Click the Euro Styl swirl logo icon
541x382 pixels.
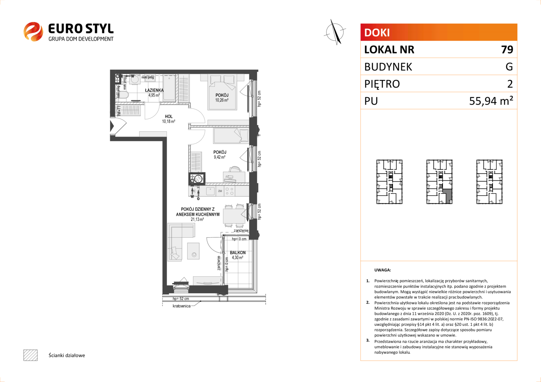tap(33, 31)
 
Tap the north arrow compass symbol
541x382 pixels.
tap(335, 32)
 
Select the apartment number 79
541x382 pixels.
tap(507, 50)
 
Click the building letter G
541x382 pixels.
tap(509, 66)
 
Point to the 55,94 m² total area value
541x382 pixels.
tap(491, 100)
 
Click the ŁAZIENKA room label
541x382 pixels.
tap(154, 90)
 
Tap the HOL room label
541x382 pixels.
tap(169, 117)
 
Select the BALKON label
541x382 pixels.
tap(238, 253)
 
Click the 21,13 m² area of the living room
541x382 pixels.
tap(197, 219)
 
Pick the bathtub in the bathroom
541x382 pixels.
tap(169, 87)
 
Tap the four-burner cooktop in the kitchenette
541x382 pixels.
tap(229, 191)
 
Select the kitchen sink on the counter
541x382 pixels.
tap(210, 191)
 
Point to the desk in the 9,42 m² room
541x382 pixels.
tap(234, 177)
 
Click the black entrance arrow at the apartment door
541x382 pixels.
tap(112, 126)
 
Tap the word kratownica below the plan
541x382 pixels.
tap(182, 306)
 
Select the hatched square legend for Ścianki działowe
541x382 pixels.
tap(30, 355)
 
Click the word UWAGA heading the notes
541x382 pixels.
tap(383, 270)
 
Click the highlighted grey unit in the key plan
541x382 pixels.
tap(448, 197)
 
